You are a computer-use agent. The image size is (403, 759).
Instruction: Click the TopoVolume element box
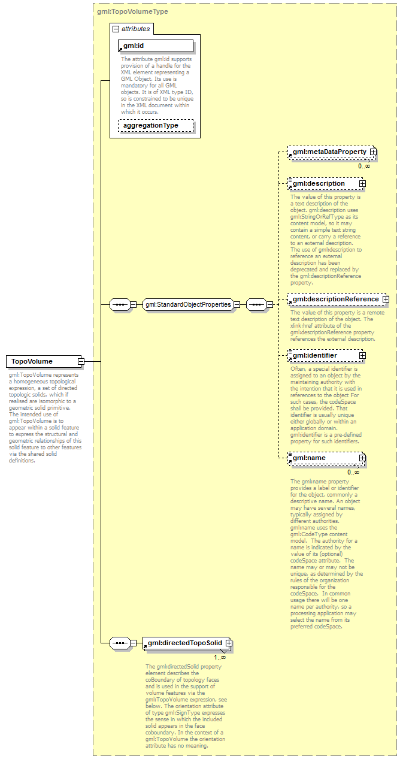(42, 361)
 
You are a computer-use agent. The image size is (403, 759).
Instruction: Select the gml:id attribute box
(156, 46)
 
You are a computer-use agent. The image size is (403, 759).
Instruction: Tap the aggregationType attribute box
(156, 126)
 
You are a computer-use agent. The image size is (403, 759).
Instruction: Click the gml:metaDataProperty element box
(329, 152)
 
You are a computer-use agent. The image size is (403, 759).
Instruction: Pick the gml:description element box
(323, 183)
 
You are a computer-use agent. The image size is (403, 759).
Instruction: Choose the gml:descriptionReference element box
(335, 299)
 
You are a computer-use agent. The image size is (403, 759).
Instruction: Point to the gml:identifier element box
(323, 355)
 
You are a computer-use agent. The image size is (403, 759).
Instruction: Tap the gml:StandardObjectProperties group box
(188, 304)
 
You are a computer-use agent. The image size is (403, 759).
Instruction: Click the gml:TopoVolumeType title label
(132, 11)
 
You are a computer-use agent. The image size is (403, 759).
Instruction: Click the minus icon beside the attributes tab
(116, 28)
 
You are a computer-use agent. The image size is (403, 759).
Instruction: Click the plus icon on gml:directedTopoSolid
(229, 643)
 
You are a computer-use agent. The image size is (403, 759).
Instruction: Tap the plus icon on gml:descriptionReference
(386, 299)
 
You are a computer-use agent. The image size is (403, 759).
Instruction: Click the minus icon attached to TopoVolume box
(80, 361)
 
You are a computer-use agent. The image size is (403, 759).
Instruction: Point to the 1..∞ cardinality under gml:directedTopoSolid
(220, 657)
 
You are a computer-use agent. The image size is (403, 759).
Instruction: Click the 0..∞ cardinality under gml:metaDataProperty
(364, 166)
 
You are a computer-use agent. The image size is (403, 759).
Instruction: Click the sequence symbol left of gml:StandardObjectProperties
(120, 304)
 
